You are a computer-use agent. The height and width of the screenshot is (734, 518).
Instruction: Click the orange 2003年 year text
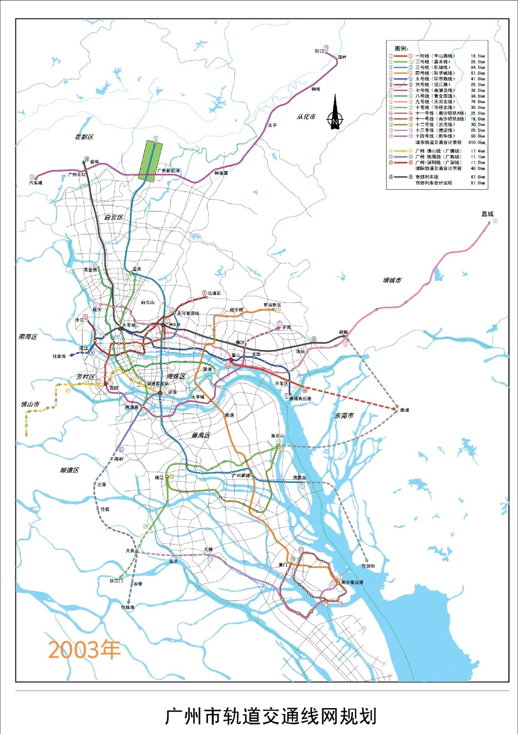(84, 650)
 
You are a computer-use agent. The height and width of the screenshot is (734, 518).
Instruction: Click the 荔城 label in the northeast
(487, 214)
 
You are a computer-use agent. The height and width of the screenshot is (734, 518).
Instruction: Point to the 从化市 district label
(306, 117)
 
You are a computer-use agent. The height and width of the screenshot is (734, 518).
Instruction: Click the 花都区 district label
(84, 137)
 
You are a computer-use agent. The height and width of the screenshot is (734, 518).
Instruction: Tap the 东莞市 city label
(344, 416)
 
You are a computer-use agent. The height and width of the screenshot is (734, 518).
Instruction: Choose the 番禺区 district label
(200, 435)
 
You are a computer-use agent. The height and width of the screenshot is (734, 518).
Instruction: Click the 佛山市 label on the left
(30, 404)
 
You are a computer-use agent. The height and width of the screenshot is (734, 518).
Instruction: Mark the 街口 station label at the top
(319, 51)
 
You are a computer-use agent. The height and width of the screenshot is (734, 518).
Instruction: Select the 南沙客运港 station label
(352, 583)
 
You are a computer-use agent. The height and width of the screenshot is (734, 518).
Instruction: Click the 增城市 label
(392, 280)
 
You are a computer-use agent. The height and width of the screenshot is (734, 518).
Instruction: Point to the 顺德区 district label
(70, 470)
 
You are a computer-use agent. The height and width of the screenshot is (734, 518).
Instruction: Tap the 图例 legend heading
(401, 48)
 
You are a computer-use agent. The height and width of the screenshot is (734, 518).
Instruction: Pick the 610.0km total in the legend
(477, 142)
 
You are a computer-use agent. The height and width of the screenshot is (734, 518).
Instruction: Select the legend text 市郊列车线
(427, 177)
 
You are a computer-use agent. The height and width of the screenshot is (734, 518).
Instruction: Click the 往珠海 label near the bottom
(128, 607)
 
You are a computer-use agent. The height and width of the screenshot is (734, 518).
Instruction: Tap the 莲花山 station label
(277, 436)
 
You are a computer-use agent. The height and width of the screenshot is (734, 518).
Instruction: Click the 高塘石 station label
(214, 293)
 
